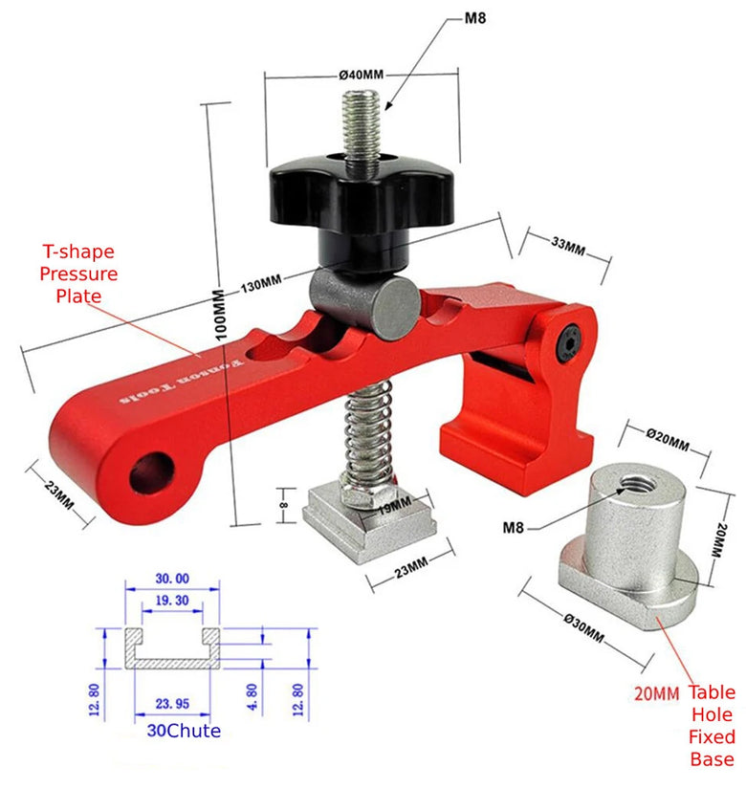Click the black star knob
362,196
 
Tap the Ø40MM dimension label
362,75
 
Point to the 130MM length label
261,284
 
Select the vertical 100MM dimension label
220,315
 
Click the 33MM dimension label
568,246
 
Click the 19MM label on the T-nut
395,505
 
